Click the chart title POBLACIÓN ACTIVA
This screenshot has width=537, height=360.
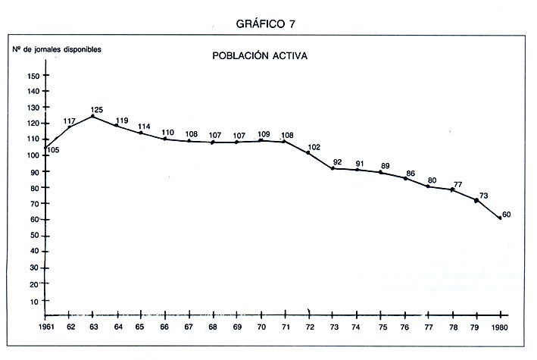(259, 56)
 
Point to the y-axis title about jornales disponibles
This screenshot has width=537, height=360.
(56, 49)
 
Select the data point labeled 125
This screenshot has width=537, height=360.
(92, 116)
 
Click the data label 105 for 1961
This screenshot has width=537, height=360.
(52, 150)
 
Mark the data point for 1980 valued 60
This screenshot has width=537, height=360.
(500, 218)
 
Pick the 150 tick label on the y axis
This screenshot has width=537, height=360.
(33, 76)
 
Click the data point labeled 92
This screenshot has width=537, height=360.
(333, 167)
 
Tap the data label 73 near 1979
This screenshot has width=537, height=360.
(483, 196)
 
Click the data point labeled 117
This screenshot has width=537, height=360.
(70, 127)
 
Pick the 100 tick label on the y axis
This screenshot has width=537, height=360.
(33, 156)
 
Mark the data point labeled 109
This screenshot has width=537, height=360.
(261, 140)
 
